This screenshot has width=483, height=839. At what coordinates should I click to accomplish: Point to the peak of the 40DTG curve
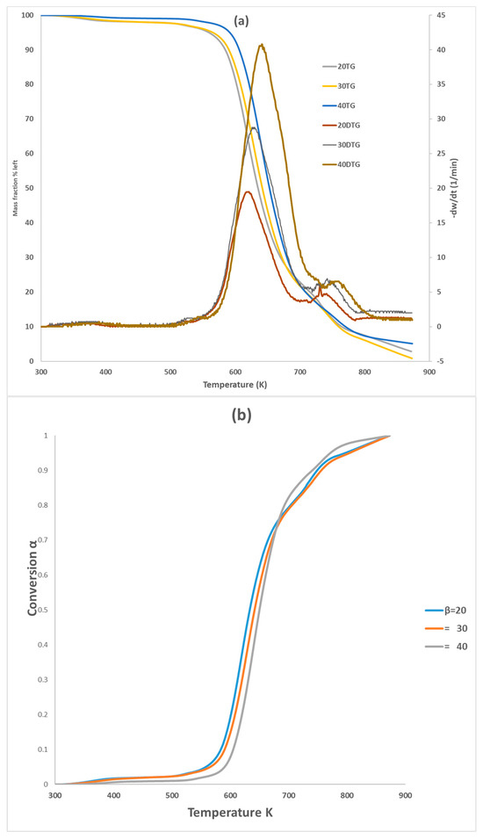coord(261,45)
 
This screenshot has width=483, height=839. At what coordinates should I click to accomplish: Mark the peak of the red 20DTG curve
coord(249,192)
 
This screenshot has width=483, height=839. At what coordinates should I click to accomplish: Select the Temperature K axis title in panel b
coord(231,813)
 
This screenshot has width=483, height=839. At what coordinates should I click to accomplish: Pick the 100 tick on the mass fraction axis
coord(28,16)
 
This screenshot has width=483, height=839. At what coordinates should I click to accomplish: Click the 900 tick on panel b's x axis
coord(405,796)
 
